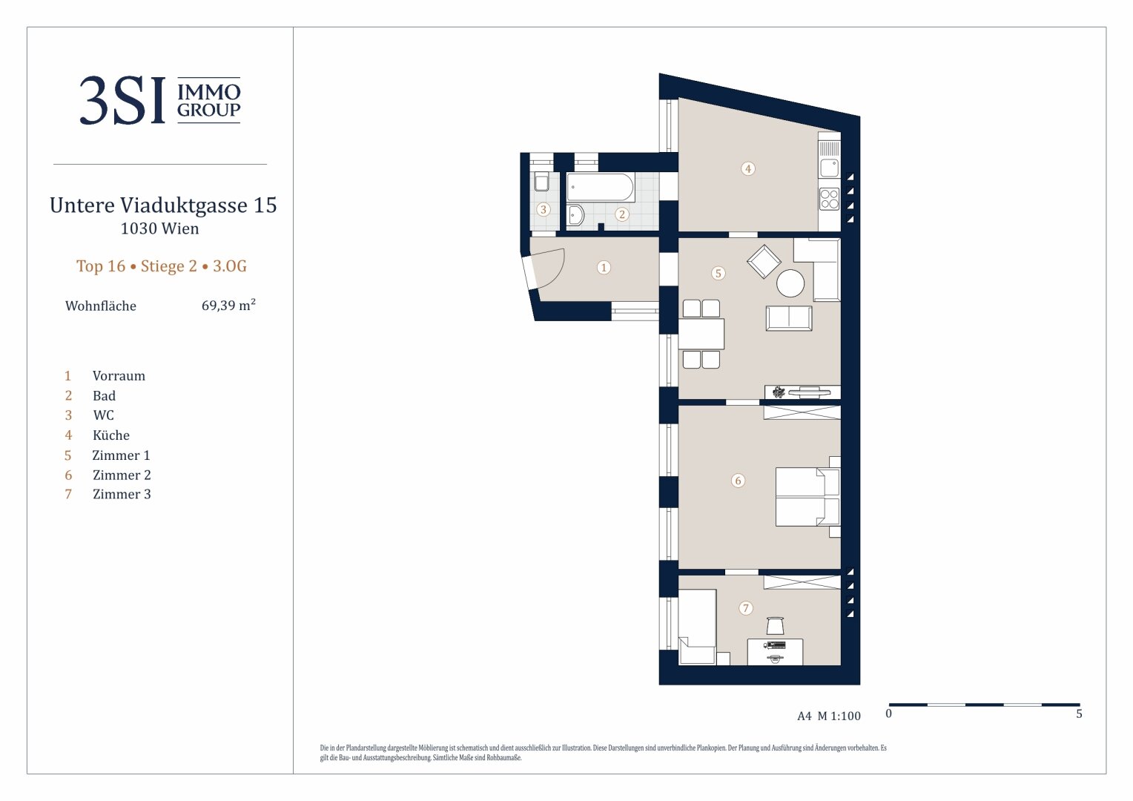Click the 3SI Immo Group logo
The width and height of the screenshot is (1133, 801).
160,99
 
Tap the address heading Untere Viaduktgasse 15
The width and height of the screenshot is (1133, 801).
163,205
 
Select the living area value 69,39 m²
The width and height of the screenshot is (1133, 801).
228,305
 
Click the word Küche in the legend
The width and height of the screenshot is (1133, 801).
111,435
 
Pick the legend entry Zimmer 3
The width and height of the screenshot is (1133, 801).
122,494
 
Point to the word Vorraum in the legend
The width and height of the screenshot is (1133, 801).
119,375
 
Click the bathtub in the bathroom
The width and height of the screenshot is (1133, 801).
600,187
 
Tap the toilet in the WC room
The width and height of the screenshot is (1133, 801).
542,181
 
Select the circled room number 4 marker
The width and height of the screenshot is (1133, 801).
748,168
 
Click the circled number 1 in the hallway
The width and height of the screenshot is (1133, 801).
604,267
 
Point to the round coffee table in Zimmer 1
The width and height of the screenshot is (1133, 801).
790,283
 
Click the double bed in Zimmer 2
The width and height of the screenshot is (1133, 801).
807,497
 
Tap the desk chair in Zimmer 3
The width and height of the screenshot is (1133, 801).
775,625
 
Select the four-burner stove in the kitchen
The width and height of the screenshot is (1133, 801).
830,198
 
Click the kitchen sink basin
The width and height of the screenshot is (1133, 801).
830,168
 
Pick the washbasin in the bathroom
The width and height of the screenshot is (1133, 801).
575,215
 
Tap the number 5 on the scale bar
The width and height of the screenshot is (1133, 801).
1079,714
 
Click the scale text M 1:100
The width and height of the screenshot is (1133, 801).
839,716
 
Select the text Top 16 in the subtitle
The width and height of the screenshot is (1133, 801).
101,266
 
